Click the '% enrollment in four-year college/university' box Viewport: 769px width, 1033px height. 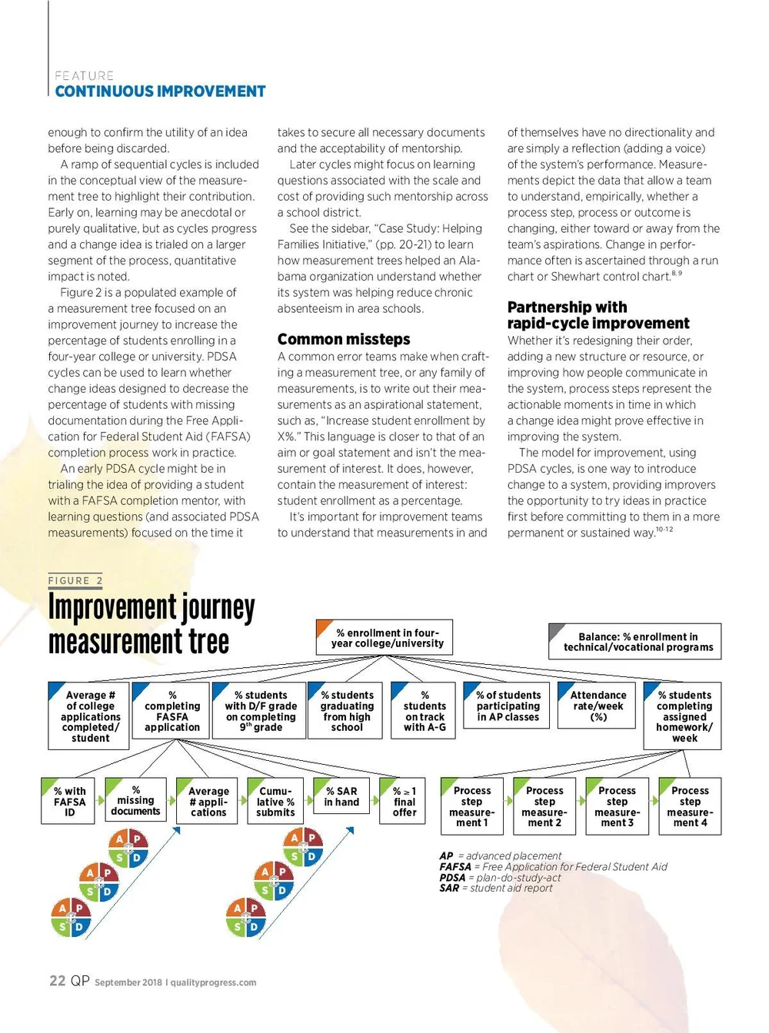(384, 638)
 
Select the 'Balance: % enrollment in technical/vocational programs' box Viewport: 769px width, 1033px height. (635, 642)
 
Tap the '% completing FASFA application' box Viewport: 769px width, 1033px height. (171, 711)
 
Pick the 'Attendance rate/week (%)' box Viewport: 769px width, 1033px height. (598, 706)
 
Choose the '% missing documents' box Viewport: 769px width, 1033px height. (135, 800)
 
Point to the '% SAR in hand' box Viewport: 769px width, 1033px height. (341, 796)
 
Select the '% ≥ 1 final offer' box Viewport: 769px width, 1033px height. (403, 802)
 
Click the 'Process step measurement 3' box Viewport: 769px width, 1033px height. (617, 806)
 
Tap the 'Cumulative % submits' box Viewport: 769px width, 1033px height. (275, 802)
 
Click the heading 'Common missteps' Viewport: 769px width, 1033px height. (344, 339)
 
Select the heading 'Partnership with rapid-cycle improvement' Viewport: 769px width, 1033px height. (598, 315)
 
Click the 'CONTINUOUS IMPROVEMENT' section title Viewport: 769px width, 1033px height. (160, 91)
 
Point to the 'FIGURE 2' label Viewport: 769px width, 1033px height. (75, 581)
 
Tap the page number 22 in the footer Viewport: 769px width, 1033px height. (57, 981)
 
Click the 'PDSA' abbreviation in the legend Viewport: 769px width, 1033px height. (452, 878)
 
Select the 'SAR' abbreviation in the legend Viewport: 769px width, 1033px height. (449, 889)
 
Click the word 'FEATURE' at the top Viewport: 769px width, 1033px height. (84, 75)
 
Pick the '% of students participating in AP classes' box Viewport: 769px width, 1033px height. (508, 706)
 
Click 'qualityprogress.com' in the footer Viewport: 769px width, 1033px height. (213, 982)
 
